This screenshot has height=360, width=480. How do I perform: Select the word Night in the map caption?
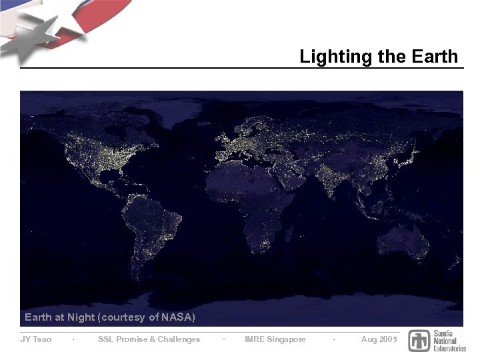81,317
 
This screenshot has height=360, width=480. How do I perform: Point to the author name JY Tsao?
36,339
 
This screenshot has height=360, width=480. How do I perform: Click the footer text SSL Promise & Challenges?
149,339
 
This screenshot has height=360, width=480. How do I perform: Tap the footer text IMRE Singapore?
275,339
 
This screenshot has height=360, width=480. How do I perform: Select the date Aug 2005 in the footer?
379,339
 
